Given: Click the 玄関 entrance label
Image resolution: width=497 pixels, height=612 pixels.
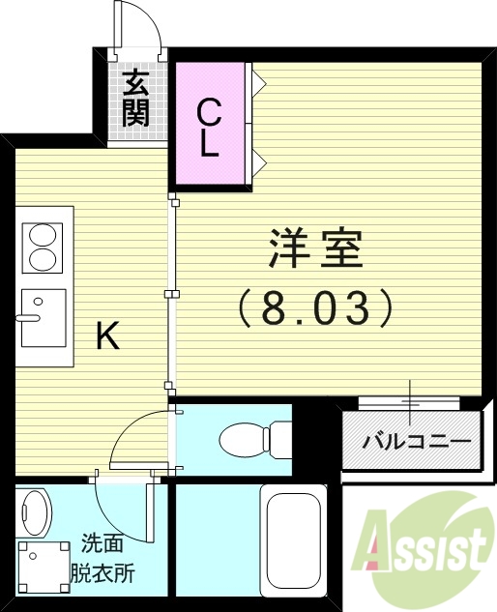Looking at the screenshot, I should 135,100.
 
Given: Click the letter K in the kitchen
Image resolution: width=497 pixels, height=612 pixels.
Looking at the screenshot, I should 107,336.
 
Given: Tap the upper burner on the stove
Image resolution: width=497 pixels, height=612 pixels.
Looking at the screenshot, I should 44,234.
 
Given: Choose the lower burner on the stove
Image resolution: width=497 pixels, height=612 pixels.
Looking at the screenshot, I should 44,258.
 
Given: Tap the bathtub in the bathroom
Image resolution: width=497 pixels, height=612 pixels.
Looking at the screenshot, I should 296,546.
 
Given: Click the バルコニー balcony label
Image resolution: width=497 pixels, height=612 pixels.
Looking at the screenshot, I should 416,442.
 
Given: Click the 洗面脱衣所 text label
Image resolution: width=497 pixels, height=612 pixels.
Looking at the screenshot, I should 107,557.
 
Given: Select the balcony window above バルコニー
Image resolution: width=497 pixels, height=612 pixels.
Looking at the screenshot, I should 410,399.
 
